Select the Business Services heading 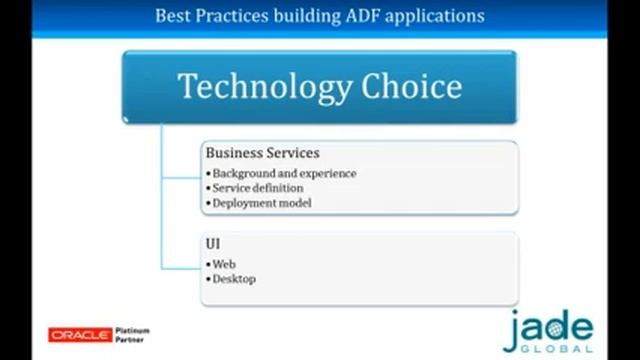pos(262,153)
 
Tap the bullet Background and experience pos(284,173)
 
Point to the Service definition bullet pos(258,187)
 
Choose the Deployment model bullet pos(262,202)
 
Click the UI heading pos(213,243)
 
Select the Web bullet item pos(223,264)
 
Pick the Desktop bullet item pos(234,279)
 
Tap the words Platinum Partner pos(132,332)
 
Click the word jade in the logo pos(548,327)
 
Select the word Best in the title pos(175,16)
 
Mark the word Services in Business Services pos(291,153)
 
